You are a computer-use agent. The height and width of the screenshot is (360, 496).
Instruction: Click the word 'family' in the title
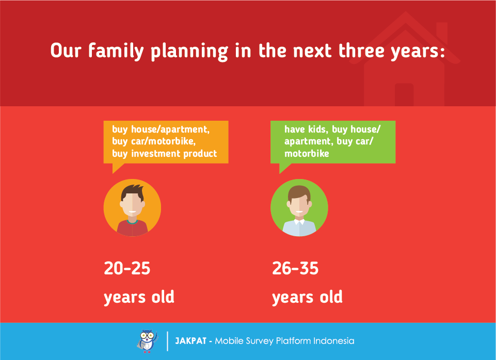tap(116, 51)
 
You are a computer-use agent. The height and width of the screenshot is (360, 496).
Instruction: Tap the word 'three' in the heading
tap(361, 51)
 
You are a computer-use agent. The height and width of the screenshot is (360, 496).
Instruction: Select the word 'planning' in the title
tap(189, 51)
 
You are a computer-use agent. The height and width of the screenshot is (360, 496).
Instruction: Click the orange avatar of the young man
tap(132, 208)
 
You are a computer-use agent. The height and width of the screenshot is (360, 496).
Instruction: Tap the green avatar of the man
tap(299, 208)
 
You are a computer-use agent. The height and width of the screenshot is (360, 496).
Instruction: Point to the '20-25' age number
tap(127, 268)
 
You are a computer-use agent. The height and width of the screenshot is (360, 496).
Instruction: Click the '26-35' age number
tap(295, 268)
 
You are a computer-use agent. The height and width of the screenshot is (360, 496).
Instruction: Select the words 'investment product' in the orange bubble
tap(174, 154)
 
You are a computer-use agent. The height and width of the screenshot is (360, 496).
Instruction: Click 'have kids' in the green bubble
tap(305, 129)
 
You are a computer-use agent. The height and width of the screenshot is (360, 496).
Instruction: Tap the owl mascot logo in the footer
tap(147, 341)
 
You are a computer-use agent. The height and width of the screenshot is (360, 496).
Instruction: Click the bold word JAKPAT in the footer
tap(191, 341)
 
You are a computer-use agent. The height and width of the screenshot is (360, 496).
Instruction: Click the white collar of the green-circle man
tap(299, 222)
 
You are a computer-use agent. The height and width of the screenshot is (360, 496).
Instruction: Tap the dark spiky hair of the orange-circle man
tap(133, 191)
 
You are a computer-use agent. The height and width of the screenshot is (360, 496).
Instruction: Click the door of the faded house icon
tap(404, 94)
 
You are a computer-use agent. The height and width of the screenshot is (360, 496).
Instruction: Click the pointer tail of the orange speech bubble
tap(118, 168)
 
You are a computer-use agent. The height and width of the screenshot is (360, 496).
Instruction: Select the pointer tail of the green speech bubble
tap(285, 168)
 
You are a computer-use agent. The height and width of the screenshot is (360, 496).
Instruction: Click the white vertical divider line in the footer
tap(167, 341)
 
